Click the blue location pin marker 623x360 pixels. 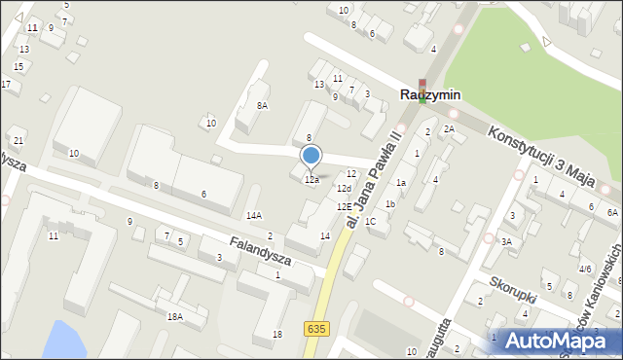pos(311,155)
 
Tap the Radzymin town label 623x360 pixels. pos(429,95)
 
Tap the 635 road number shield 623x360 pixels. pos(315,329)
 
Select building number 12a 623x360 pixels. pos(311,180)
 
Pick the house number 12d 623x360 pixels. pos(343,188)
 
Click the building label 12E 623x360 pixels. pos(344,206)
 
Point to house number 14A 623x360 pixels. pos(253,216)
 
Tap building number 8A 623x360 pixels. pos(261,105)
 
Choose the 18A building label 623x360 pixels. pos(174,316)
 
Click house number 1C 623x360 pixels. pos(371,221)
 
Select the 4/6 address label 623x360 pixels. pos(585,269)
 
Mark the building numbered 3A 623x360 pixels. pos(506,241)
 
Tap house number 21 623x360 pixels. pos(18,141)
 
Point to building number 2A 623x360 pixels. pos(449,129)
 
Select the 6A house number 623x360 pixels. pos(612,212)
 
